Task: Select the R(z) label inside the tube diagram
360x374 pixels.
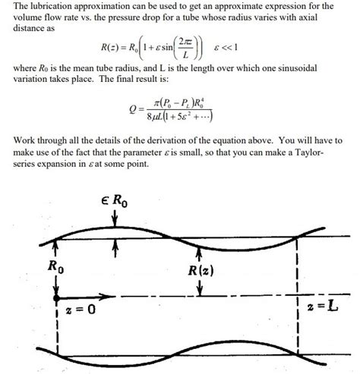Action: (199, 269)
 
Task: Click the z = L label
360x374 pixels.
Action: (321, 310)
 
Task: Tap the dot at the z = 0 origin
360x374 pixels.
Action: (57, 296)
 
